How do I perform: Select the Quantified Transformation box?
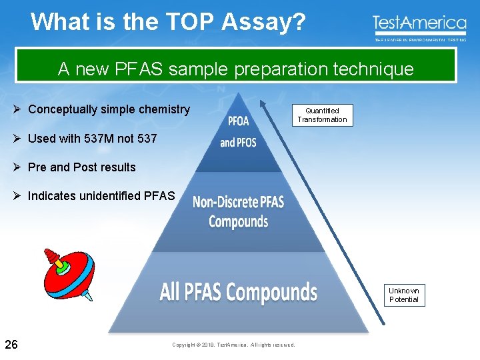point(322,115)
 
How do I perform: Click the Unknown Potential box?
point(404,295)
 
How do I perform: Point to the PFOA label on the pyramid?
point(238,121)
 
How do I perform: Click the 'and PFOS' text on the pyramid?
point(238,143)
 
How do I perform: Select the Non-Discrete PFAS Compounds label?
point(238,211)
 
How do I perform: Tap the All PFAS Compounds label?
point(238,292)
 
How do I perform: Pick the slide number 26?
point(11,344)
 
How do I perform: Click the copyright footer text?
point(233,345)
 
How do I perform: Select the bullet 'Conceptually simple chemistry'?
point(109,109)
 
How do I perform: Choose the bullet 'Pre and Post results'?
point(81,167)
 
